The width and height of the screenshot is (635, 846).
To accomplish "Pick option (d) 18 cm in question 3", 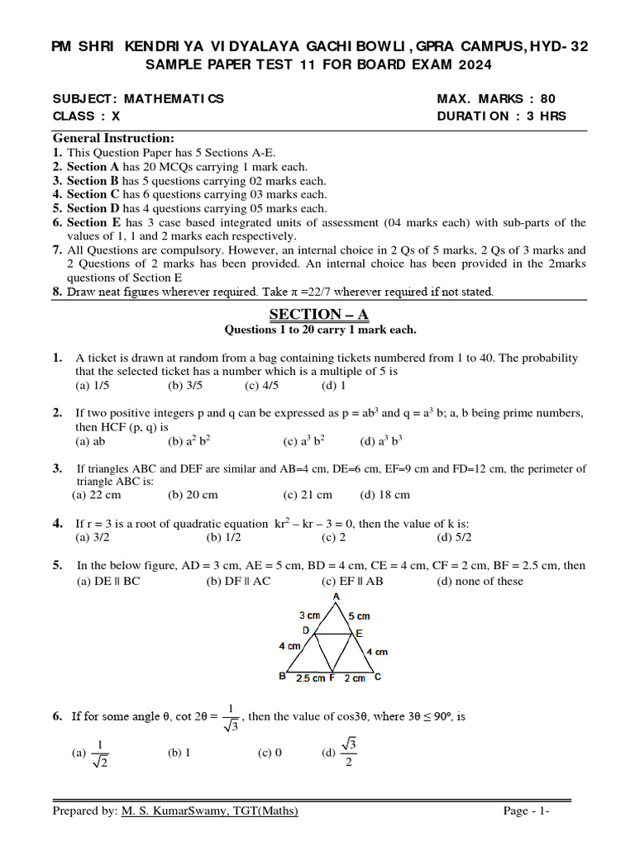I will click(384, 495).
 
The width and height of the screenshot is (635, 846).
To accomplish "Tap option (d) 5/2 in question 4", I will click(454, 537).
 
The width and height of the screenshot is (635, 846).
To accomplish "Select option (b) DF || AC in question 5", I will click(238, 581).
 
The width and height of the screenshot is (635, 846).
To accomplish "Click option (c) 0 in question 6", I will click(270, 753).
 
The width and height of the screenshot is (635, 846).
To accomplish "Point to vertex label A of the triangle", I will click(336, 596).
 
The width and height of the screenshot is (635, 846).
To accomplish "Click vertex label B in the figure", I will click(283, 677).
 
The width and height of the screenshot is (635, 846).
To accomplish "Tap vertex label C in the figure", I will click(378, 677).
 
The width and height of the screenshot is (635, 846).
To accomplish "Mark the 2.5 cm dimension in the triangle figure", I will click(310, 678).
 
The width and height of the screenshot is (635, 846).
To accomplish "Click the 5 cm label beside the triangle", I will click(359, 616).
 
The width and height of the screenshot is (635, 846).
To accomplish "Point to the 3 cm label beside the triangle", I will click(309, 615).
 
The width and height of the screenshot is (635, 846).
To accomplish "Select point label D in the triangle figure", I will click(305, 630).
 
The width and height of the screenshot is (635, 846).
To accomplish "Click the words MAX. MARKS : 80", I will click(496, 99).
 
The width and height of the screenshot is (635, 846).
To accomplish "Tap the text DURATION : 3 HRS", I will click(502, 116).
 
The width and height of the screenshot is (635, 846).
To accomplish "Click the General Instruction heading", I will click(114, 138).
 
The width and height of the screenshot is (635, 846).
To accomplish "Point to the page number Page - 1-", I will click(527, 810).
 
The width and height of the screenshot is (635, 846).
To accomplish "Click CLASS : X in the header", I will click(86, 116).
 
